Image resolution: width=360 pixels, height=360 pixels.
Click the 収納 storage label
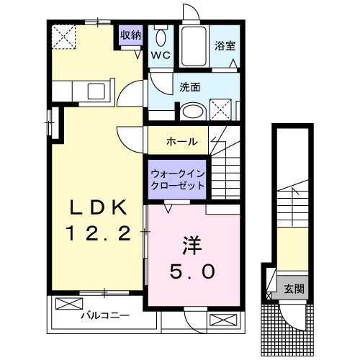[x=130, y=35]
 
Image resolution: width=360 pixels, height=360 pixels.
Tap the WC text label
[x=160, y=53]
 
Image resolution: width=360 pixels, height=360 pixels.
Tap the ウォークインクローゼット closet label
[x=177, y=179]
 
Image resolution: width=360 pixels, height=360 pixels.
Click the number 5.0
[x=192, y=272]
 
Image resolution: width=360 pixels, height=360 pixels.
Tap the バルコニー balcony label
[x=104, y=315]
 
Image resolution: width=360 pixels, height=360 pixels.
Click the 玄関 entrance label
[x=293, y=289]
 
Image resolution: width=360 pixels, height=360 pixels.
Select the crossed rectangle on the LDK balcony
[x=66, y=302]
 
